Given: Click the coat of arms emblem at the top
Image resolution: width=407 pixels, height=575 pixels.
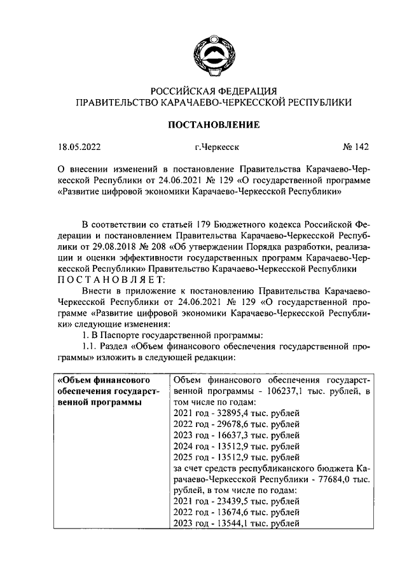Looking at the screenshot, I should [212, 51].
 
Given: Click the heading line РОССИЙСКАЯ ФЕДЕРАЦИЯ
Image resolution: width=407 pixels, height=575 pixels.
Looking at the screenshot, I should [213, 90].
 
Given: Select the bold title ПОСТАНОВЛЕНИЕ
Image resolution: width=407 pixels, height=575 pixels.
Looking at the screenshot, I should [213, 125].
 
